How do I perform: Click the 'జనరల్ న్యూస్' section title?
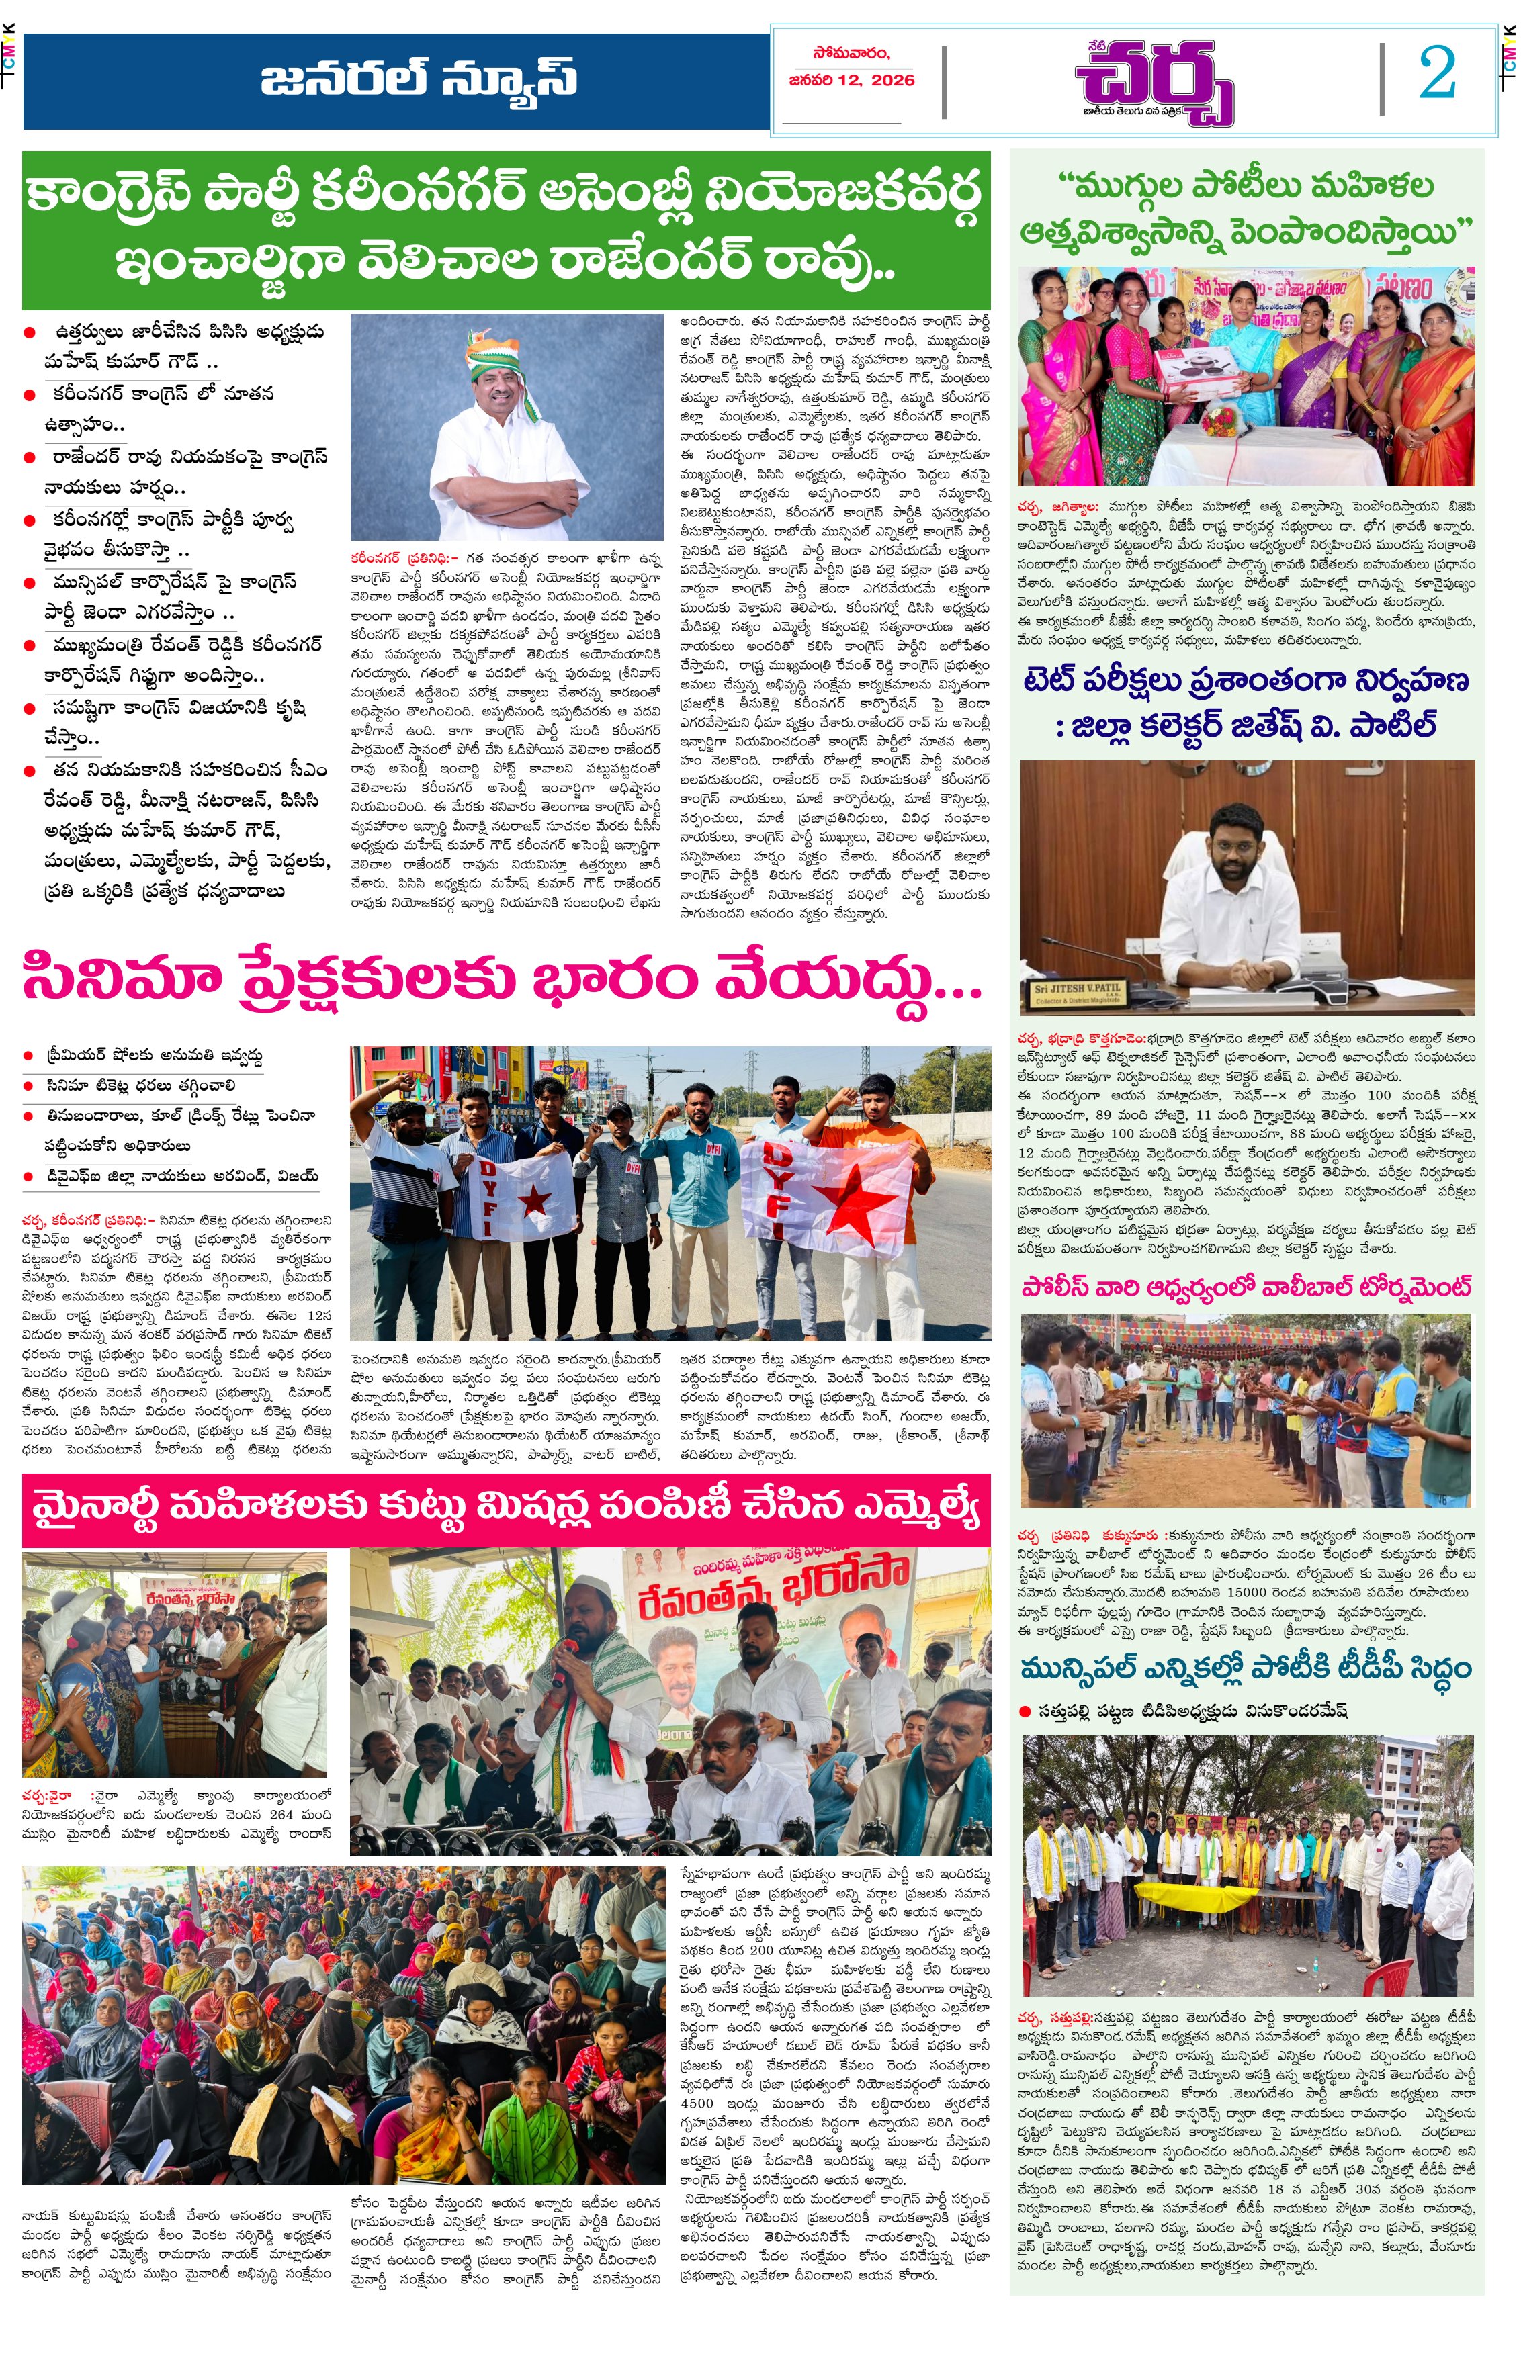[x=419, y=79]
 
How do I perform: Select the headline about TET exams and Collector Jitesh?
[x=1246, y=702]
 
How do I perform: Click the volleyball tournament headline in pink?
[x=1246, y=1287]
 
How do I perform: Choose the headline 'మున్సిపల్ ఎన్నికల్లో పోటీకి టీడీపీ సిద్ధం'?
[x=1246, y=1668]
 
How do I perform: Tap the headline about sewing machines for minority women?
[x=505, y=1510]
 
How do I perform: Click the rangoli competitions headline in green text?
[x=1246, y=210]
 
